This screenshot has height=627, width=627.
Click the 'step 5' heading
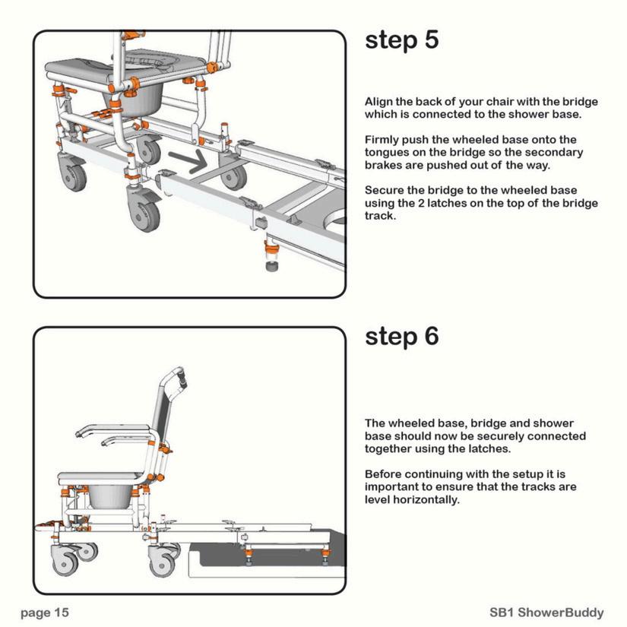(x=401, y=40)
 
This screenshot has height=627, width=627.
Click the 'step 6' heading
(x=401, y=336)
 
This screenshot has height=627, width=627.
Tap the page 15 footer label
(x=44, y=612)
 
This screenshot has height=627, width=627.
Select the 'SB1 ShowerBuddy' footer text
(x=546, y=612)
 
